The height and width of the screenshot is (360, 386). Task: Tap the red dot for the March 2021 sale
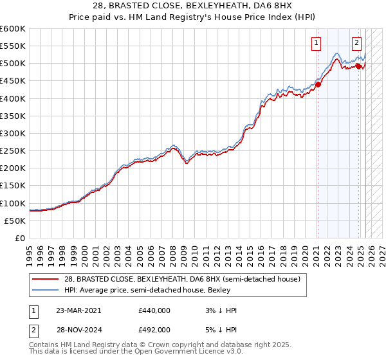(x=318, y=84)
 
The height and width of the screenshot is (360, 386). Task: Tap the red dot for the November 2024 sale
(x=358, y=66)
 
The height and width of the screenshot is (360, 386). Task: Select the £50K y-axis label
(x=15, y=221)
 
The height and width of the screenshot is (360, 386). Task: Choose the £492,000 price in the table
(x=154, y=329)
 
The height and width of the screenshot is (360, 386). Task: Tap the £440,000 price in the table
(x=154, y=310)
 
